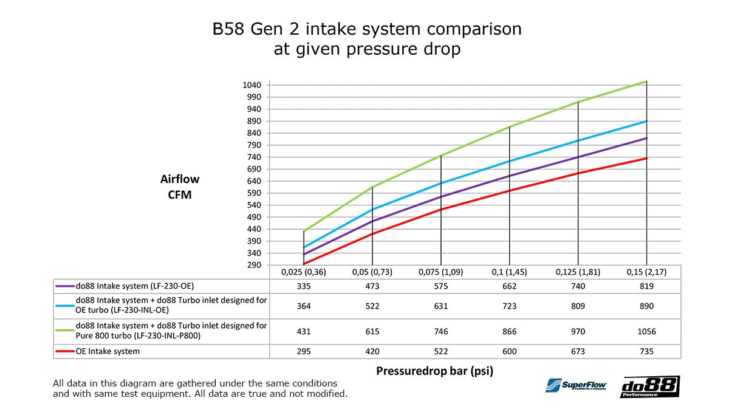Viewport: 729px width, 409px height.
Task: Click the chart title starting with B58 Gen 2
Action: click(366, 39)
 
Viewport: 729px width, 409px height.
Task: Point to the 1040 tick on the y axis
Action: click(252, 85)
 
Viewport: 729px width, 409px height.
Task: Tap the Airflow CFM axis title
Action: click(180, 187)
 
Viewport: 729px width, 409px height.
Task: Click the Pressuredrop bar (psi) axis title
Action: click(434, 371)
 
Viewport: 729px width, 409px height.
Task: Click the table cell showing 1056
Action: click(646, 332)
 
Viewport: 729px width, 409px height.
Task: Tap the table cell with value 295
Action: click(304, 351)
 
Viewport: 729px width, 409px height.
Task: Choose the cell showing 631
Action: click(441, 306)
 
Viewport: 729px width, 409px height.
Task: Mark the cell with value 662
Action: click(509, 286)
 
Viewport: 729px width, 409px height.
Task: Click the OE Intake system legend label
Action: click(108, 351)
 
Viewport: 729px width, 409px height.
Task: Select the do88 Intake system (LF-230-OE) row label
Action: click(135, 286)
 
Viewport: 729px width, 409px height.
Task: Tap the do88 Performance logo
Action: click(649, 387)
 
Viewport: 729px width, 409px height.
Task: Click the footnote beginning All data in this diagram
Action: click(200, 388)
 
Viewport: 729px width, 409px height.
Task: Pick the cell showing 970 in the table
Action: click(578, 332)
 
